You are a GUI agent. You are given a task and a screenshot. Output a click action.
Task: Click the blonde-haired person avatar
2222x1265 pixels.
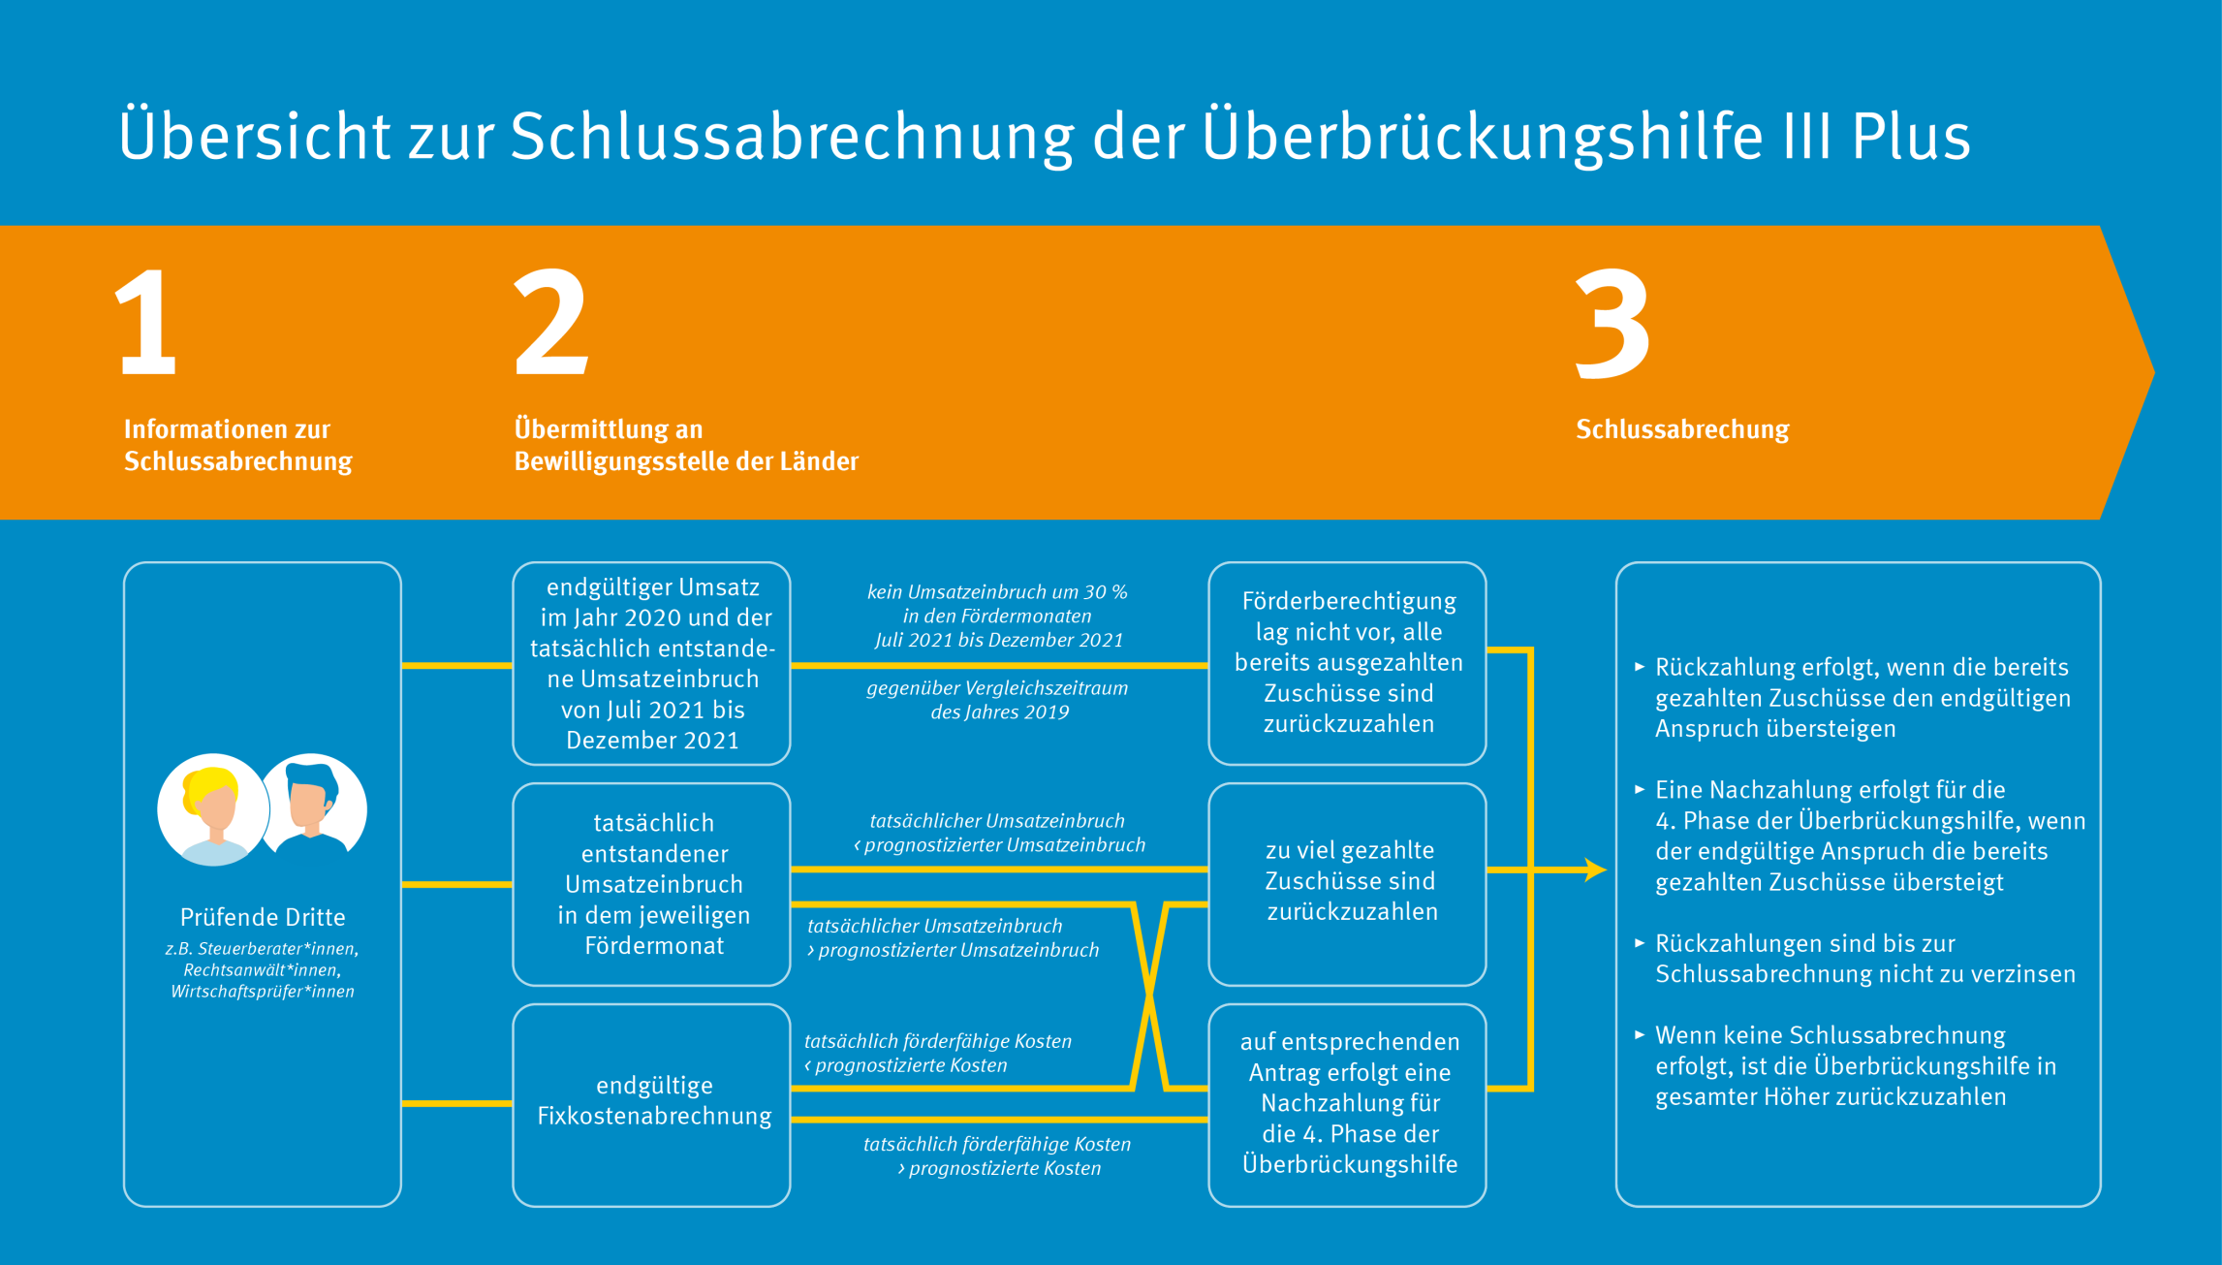[213, 809]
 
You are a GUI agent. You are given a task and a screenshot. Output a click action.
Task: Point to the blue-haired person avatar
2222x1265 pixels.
[313, 805]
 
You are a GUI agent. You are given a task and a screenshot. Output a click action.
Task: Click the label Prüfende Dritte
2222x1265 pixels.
[263, 917]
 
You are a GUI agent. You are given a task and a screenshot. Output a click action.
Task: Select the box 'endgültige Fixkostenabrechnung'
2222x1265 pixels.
[651, 1105]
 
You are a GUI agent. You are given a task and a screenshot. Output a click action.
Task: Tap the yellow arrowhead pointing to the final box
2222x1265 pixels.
[1595, 870]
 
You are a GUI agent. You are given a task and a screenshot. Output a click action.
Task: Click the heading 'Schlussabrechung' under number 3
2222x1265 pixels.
[1682, 429]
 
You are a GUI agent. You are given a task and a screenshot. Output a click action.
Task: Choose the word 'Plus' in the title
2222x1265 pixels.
[1910, 136]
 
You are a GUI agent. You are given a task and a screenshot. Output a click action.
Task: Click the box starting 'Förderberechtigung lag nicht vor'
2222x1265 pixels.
[1347, 663]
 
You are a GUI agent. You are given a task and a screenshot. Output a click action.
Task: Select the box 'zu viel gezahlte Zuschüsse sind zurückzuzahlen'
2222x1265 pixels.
[1347, 884]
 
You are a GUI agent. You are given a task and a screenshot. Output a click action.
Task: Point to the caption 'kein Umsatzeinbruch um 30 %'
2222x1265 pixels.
[997, 591]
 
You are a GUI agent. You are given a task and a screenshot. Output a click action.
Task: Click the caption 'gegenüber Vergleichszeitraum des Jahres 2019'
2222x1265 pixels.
[998, 700]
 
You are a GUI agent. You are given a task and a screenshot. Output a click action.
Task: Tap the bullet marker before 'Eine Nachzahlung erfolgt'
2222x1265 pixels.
[1640, 789]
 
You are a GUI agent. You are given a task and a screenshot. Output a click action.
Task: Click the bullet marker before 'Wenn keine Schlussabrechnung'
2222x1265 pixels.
[1640, 1034]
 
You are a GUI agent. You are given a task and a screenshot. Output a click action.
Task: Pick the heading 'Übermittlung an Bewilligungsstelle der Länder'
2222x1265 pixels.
[686, 445]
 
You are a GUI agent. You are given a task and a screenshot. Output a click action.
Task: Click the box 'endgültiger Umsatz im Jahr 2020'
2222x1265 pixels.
[651, 663]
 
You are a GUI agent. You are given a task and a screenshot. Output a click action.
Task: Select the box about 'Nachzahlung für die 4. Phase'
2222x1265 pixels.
[1347, 1105]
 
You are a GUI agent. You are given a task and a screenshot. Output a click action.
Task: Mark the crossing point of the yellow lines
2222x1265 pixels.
[1149, 996]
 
